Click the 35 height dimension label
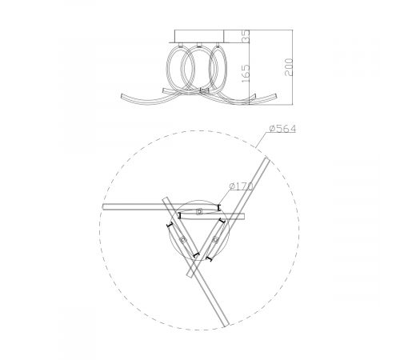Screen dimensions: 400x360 click(x=246, y=36)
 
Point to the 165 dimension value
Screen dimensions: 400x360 click(x=246, y=74)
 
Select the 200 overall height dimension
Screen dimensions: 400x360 click(x=289, y=67)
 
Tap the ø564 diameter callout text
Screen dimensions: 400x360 click(x=282, y=129)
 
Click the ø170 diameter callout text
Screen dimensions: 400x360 click(x=241, y=186)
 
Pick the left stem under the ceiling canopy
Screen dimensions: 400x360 click(x=181, y=45)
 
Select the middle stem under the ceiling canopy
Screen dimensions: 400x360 click(x=198, y=45)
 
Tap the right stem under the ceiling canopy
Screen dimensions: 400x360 click(x=217, y=45)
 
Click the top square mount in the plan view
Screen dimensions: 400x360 click(x=199, y=212)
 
